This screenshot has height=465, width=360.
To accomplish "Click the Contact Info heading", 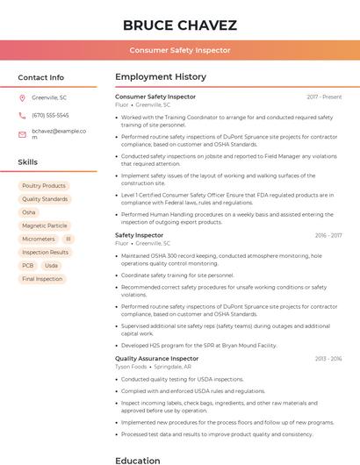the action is point(41,77).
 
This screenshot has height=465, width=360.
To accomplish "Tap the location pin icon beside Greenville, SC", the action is point(23,97).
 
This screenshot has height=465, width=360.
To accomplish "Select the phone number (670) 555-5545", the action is point(50,115).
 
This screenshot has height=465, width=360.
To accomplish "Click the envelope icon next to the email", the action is point(23,134).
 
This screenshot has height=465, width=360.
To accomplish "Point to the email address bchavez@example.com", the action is point(58,134).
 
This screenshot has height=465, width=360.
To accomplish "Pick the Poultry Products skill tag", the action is point(44,186).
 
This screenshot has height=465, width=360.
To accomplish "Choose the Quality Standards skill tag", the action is point(45,199).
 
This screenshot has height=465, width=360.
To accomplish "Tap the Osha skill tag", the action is point(29,212).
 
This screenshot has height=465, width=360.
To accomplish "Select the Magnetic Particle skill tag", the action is point(45,225).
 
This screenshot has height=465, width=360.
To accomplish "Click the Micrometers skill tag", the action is point(39,239).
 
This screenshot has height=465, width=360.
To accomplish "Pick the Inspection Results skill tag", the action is point(45,252).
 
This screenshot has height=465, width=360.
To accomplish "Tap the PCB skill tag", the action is point(28,265).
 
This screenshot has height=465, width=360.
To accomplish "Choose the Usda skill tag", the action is point(51,265).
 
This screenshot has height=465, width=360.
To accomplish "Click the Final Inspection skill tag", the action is point(42,279).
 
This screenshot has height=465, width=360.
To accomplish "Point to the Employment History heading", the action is point(161,77).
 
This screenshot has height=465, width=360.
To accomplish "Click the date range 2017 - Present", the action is point(324,97).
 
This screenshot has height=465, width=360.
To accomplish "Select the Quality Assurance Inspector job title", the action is point(156,359).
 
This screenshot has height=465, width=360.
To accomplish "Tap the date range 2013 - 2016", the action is point(328,359).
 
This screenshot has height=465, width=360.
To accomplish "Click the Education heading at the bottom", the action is point(138,460).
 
